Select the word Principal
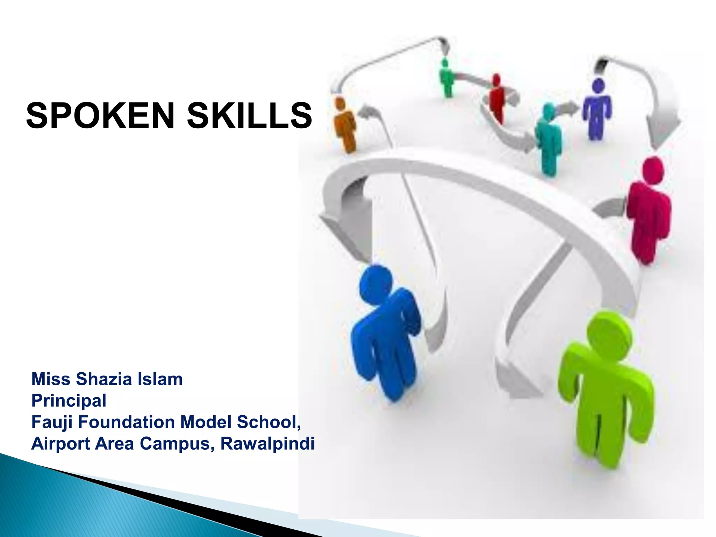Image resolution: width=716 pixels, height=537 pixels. tap(69, 401)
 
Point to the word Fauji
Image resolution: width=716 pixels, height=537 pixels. tap(52, 422)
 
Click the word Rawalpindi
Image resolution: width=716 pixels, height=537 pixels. tap(267, 444)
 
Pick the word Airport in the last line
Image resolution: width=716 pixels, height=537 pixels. tap(60, 444)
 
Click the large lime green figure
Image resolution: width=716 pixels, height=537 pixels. tap(605, 395)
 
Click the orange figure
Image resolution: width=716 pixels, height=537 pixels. tap(344, 126)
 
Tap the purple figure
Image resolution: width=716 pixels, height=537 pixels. tap(597, 108)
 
